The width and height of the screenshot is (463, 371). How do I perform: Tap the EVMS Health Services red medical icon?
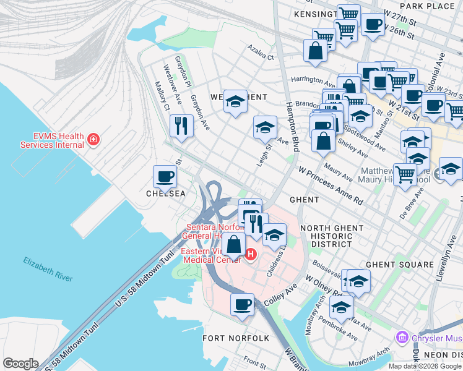pyautogui.click(x=93, y=140)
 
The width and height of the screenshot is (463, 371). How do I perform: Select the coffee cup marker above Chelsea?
pyautogui.click(x=165, y=177)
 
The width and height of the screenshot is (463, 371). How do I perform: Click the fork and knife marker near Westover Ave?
pyautogui.click(x=181, y=127)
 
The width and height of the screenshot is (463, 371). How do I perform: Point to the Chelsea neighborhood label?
pyautogui.click(x=165, y=194)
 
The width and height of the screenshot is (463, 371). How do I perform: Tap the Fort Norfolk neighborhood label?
pyautogui.click(x=236, y=338)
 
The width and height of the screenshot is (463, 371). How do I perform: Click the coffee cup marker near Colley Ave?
pyautogui.click(x=243, y=304)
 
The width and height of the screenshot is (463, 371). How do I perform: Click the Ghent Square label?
pyautogui.click(x=399, y=264)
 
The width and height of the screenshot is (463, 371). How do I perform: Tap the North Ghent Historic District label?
pyautogui.click(x=332, y=236)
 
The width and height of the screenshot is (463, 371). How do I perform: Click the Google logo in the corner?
pyautogui.click(x=20, y=364)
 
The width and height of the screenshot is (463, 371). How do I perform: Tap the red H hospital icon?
pyautogui.click(x=251, y=254)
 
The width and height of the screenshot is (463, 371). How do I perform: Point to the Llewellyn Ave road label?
pyautogui.click(x=442, y=256)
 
